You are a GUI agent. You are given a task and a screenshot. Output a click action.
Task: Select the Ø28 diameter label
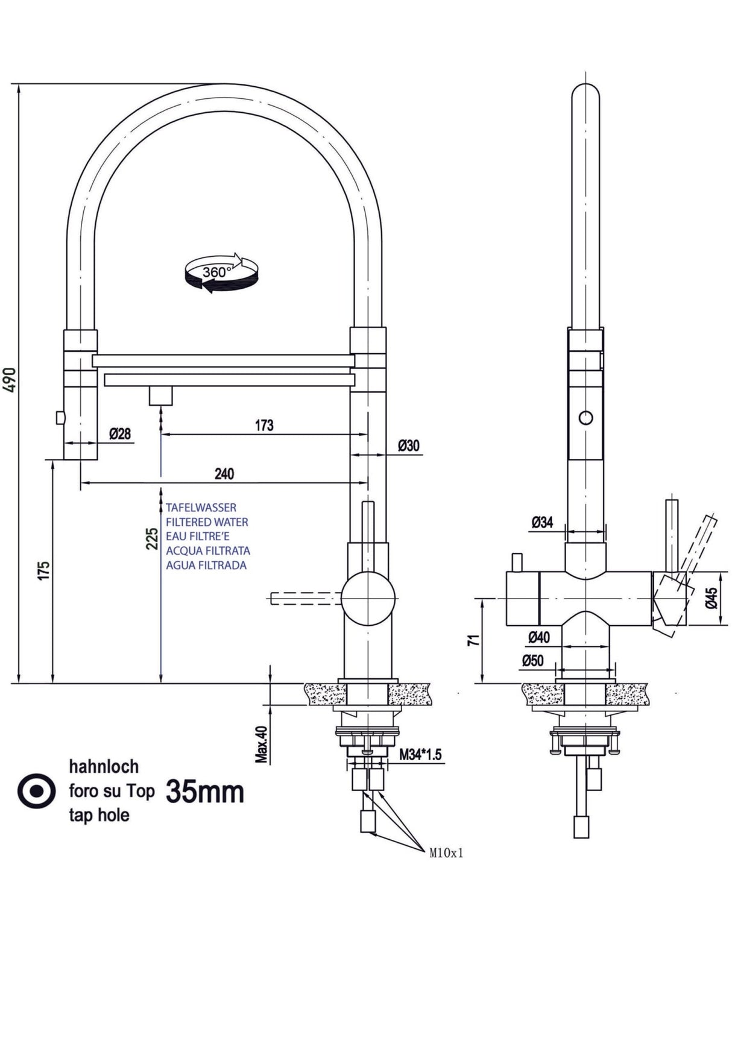pyautogui.click(x=120, y=433)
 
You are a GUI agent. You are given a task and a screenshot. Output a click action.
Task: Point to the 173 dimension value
pyautogui.click(x=264, y=426)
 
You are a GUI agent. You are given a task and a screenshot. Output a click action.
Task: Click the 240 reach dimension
pyautogui.click(x=224, y=474)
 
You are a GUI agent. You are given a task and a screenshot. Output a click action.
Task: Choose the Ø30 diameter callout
pyautogui.click(x=409, y=446)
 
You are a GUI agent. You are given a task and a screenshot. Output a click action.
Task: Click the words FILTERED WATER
pyautogui.click(x=207, y=522)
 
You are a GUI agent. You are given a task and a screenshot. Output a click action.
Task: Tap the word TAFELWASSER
pyautogui.click(x=201, y=508)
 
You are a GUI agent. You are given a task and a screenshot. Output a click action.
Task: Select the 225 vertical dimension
pyautogui.click(x=153, y=538)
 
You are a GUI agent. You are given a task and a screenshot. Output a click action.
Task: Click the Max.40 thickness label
pyautogui.click(x=261, y=744)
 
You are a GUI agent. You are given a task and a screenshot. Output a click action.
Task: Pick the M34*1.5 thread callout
pyautogui.click(x=420, y=754)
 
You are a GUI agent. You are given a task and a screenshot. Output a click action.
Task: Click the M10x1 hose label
pyautogui.click(x=447, y=853)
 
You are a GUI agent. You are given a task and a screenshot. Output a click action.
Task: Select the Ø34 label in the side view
pyautogui.click(x=542, y=523)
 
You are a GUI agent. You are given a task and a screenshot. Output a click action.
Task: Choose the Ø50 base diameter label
pyautogui.click(x=532, y=661)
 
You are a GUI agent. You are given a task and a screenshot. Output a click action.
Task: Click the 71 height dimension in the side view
pyautogui.click(x=474, y=641)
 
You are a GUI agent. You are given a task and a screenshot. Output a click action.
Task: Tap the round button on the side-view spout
pyautogui.click(x=585, y=417)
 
